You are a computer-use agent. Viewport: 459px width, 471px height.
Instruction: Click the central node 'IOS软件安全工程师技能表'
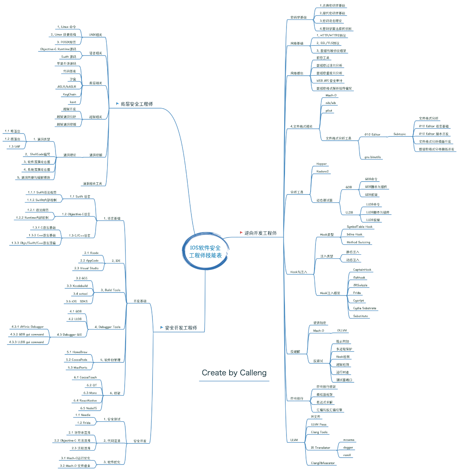coord(205,252)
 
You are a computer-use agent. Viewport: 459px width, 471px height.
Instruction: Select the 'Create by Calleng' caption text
coord(234,373)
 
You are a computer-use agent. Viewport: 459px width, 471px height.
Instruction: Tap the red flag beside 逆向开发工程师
coord(241,232)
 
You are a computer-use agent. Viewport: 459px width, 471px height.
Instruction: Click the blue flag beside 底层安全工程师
coord(117,104)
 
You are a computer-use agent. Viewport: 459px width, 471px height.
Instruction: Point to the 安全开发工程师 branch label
coord(181,328)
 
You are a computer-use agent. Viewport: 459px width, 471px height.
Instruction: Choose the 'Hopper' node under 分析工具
coord(321,164)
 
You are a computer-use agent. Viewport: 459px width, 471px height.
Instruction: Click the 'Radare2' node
coord(322,171)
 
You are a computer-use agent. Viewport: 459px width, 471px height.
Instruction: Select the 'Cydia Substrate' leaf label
coord(365,308)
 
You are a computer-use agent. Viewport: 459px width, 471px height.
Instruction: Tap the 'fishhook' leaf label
coord(359,278)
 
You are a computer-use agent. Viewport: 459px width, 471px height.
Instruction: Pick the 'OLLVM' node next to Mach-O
coord(342,330)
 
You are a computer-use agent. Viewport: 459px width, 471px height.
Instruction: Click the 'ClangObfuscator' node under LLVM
coord(322,463)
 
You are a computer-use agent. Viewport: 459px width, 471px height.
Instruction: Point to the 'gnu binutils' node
coord(373,157)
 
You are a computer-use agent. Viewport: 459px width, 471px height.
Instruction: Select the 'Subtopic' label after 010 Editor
coord(400,134)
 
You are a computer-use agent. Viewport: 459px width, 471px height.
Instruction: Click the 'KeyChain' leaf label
coord(70,94)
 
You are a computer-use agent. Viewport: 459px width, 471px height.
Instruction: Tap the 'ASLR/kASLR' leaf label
coord(67,87)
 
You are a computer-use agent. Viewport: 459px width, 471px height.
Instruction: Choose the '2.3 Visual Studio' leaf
coord(86,268)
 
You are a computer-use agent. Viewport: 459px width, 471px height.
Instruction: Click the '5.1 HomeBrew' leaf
coord(77,352)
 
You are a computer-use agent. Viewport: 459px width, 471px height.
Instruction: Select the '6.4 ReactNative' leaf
coord(85,401)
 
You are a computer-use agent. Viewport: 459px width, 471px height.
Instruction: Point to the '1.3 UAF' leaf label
coord(15,146)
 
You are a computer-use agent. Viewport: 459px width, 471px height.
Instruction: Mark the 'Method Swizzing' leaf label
coord(358,242)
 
